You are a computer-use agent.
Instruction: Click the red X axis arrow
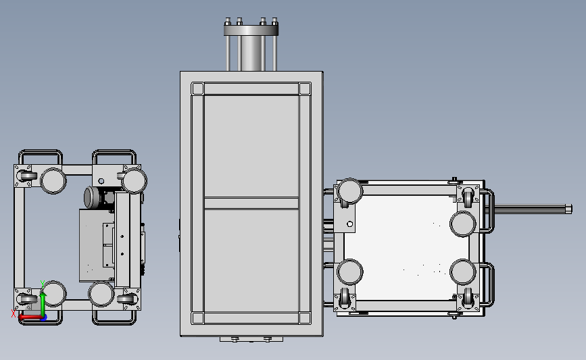pos(30,317)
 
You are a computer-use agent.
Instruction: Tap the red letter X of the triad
pos(14,313)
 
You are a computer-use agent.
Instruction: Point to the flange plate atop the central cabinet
pos(251,29)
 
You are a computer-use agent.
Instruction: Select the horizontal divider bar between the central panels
pos(251,203)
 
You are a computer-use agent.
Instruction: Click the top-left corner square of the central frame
pos(197,89)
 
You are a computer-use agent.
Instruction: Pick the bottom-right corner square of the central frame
pos(305,318)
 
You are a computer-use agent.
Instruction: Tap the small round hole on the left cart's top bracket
pos(101,181)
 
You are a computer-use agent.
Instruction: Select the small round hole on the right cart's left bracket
pos(350,224)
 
